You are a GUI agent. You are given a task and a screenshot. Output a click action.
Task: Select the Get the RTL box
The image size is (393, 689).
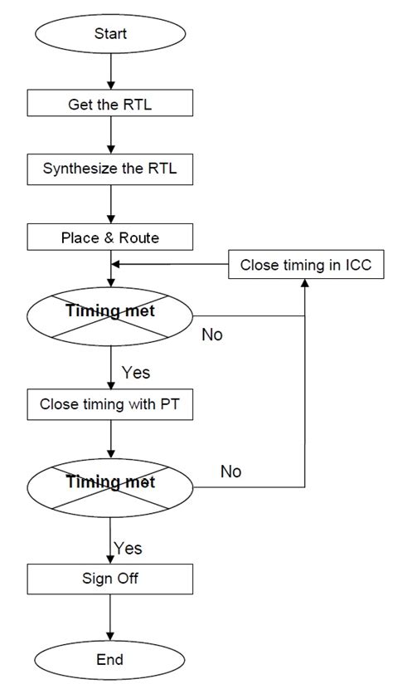[110, 104]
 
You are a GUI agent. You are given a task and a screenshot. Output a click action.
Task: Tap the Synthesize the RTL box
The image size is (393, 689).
[110, 170]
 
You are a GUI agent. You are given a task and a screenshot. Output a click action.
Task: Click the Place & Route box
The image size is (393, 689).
[110, 237]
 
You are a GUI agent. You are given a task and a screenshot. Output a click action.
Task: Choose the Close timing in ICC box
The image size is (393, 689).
[306, 266]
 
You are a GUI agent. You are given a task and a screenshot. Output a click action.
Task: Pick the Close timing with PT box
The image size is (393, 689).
[110, 405]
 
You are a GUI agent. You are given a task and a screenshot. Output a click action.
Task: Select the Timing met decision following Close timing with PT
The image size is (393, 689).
[110, 482]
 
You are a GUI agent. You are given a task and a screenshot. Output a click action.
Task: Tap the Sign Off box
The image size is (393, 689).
[110, 578]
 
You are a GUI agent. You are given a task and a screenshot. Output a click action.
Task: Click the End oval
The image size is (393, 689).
[110, 659]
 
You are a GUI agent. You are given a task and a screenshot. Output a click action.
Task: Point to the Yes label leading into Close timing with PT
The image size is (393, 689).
[136, 372]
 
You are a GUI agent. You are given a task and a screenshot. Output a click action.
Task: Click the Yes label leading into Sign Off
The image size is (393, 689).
[128, 548]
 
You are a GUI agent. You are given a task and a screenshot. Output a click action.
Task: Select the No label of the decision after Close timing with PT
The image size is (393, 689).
[230, 471]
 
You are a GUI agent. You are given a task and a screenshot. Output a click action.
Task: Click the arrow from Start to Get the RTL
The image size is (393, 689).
[110, 75]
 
